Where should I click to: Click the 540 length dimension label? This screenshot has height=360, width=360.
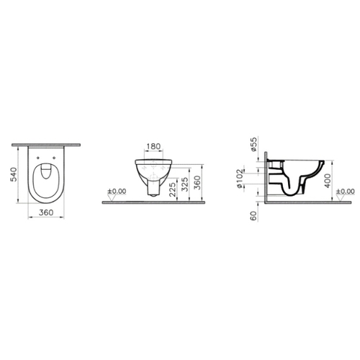14,174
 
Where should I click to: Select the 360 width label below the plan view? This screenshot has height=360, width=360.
46,212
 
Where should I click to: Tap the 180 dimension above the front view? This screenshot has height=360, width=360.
153,146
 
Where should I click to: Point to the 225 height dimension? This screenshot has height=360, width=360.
173,189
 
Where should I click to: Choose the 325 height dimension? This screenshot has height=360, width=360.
185,184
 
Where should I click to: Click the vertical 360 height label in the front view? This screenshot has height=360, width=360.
197,183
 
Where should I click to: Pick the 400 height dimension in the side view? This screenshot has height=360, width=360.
328,181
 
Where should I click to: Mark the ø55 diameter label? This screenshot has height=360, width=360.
253,144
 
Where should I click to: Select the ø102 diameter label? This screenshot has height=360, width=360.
240,179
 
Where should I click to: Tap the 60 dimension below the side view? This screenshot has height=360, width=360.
253,216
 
